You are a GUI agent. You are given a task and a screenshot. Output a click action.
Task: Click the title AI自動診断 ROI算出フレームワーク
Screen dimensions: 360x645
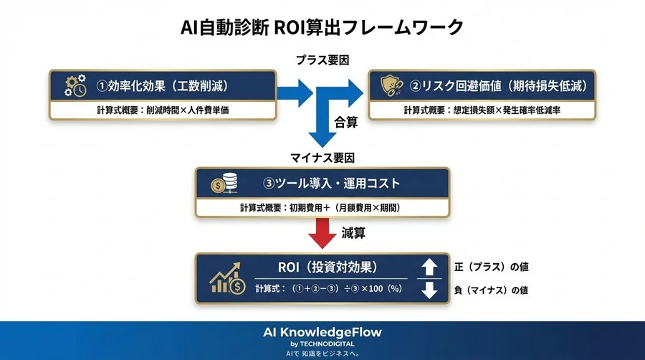(322, 27)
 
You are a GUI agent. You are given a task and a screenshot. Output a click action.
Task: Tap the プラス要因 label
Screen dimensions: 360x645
(322, 60)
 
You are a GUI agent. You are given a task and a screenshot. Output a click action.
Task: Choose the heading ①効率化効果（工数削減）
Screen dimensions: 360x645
(167, 86)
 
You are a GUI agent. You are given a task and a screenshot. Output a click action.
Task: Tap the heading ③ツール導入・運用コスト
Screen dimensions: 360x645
(332, 184)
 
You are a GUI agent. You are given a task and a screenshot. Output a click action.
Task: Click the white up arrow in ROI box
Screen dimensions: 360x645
(429, 267)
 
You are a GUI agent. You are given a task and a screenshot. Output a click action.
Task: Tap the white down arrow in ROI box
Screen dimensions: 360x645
(429, 290)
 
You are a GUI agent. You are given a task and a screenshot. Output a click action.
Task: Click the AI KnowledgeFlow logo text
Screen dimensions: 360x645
(322, 332)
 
